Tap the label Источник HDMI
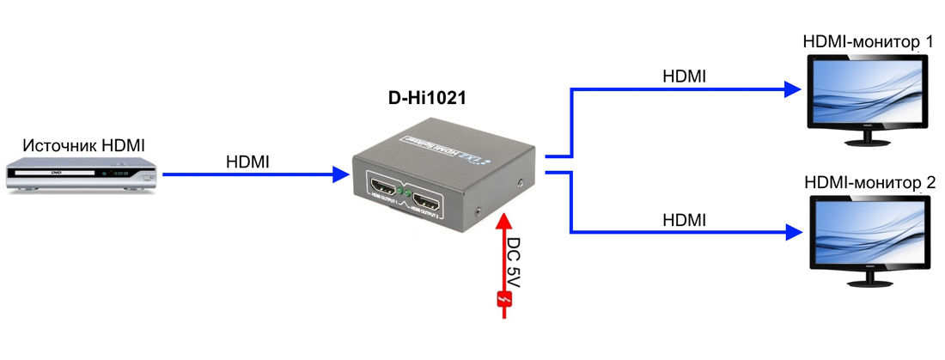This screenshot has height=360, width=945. click(x=84, y=145)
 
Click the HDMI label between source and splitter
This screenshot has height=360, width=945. click(x=247, y=161)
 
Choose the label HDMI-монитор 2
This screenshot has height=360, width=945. click(x=869, y=182)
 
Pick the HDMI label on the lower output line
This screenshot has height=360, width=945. click(x=684, y=220)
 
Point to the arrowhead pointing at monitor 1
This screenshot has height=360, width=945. click(x=791, y=88)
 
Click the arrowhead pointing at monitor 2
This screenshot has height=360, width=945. click(x=791, y=230)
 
